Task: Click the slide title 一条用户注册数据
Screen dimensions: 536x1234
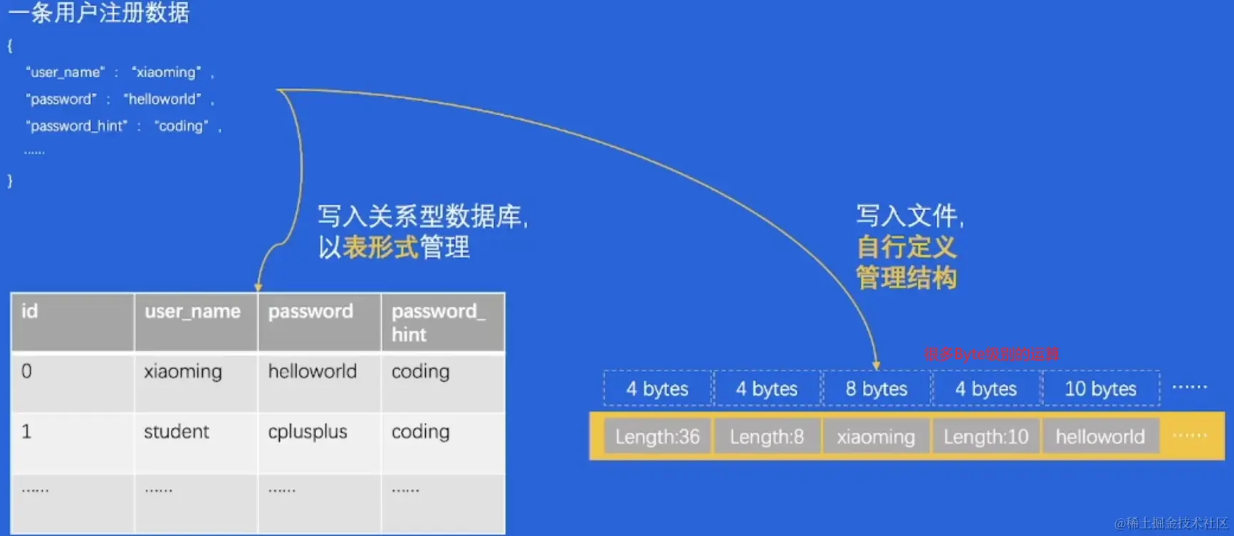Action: pos(99,12)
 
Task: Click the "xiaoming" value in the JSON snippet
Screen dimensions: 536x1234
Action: pos(167,72)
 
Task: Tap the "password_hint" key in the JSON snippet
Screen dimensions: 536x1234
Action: pos(76,126)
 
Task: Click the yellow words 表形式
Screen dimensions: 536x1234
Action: pos(380,247)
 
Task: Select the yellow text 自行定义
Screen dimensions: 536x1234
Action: pos(906,247)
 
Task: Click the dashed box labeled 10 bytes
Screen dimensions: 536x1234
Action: pos(1100,388)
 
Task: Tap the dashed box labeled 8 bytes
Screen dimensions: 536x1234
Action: pos(877,388)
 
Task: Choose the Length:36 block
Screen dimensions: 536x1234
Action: pos(657,436)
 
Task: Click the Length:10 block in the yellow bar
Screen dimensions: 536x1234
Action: pos(986,436)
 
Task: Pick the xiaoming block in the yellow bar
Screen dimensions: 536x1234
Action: pos(876,436)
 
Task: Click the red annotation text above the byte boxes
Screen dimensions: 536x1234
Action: pos(991,354)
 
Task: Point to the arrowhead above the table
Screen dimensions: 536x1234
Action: pos(258,287)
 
